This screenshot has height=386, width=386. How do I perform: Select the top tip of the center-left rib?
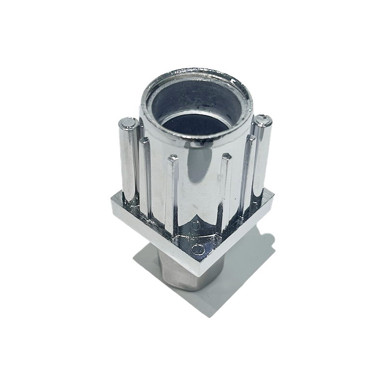pyautogui.click(x=172, y=158)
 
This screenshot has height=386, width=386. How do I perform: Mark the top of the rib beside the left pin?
pyautogui.click(x=144, y=141)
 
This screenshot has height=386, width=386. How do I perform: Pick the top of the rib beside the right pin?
pyautogui.click(x=250, y=138)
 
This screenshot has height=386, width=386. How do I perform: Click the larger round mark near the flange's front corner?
pyautogui.click(x=198, y=249)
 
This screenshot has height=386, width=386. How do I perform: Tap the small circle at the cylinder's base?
pyautogui.click(x=195, y=225)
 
